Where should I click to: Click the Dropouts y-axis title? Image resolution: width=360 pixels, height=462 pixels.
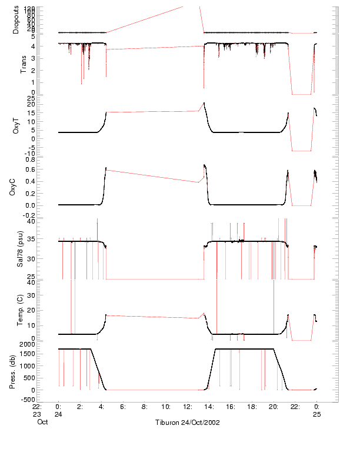16,20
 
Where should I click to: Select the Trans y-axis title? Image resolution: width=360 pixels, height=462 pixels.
24,64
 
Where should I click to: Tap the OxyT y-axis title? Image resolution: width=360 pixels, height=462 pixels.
16,125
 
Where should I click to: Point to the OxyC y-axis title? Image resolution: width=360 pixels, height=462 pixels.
16,187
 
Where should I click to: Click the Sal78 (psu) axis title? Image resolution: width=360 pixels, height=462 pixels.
19,249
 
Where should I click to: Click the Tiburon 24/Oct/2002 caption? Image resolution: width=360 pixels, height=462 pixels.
188,423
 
